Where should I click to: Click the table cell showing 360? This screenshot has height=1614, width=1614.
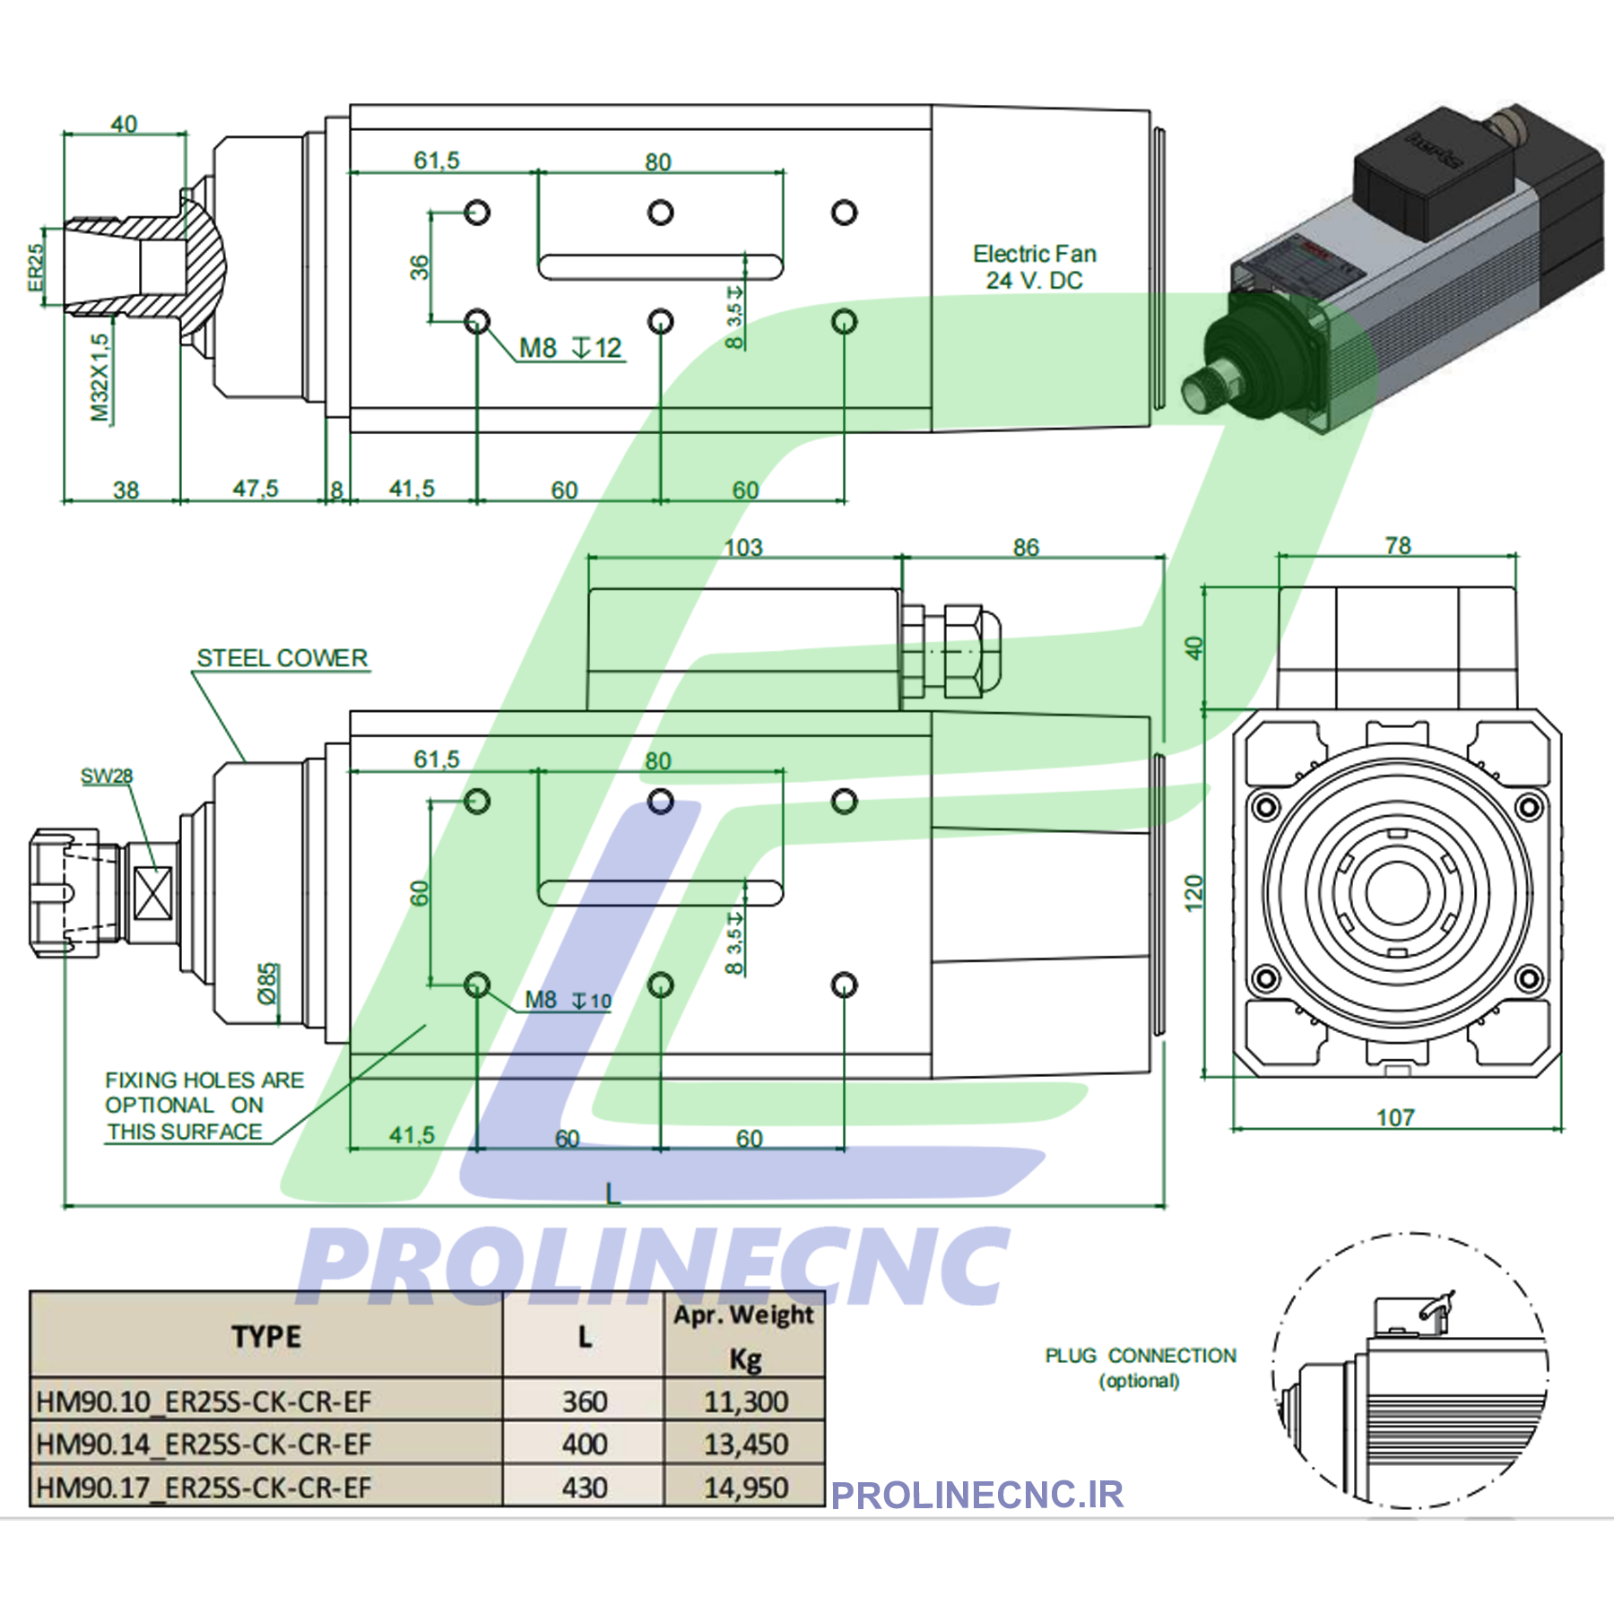click(585, 1401)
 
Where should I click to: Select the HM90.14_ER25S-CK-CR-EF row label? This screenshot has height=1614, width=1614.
click(204, 1445)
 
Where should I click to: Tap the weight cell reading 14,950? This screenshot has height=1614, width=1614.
click(745, 1488)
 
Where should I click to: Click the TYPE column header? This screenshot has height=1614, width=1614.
click(266, 1337)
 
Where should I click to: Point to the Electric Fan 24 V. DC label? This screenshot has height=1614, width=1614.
click(1035, 267)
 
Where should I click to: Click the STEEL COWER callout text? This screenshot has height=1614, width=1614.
click(282, 658)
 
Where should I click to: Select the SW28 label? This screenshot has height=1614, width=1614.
click(107, 777)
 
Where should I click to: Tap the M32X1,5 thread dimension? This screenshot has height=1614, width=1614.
click(100, 377)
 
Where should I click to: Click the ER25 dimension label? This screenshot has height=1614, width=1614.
click(35, 267)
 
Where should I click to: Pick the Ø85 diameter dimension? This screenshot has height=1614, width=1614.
click(268, 984)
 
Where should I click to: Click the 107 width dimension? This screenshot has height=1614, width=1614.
click(1395, 1117)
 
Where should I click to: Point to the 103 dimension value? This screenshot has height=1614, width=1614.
click(743, 547)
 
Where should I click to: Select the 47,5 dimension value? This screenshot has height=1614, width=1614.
click(256, 489)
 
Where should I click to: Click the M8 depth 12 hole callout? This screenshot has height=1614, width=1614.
click(571, 348)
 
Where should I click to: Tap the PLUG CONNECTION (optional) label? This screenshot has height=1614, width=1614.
click(1141, 1367)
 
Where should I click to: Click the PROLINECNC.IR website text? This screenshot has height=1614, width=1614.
click(977, 1495)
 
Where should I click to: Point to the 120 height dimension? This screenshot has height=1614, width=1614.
click(1193, 894)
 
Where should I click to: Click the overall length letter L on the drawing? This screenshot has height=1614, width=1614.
click(612, 1193)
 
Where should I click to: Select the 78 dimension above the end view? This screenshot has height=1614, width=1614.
click(1397, 545)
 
